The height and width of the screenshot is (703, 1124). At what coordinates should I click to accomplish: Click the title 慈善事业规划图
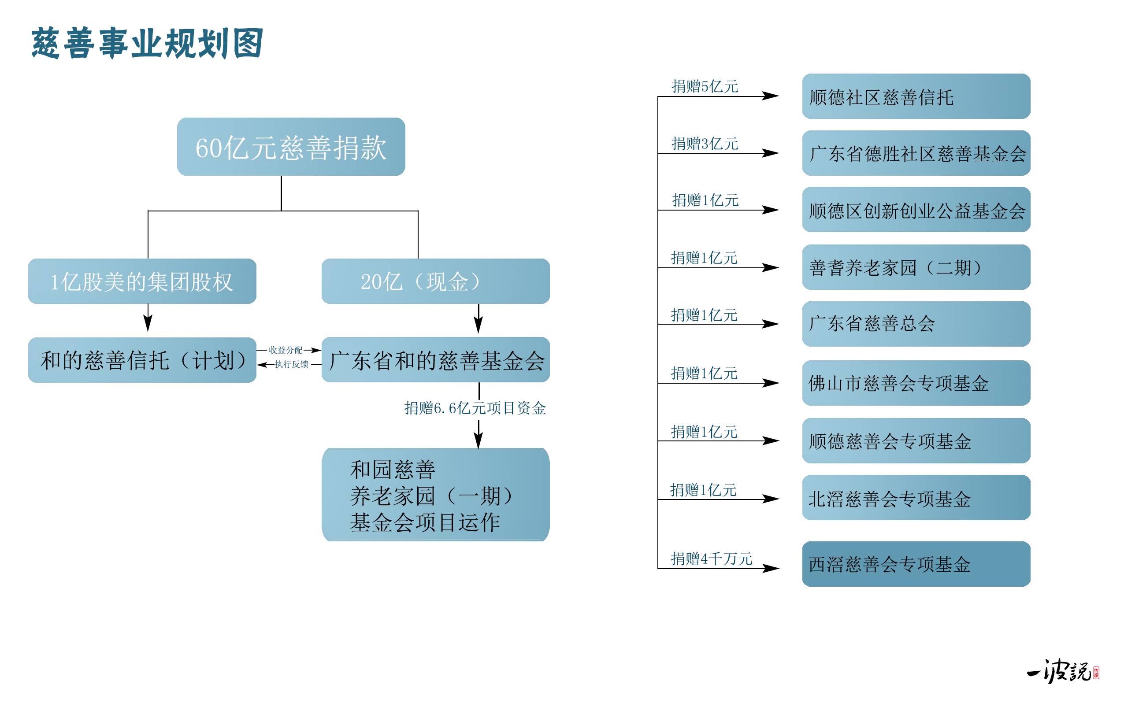pos(147,43)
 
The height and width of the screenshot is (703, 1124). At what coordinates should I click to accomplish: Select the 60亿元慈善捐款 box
pos(291,147)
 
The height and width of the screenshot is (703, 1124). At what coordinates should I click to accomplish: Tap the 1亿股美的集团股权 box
pos(142,281)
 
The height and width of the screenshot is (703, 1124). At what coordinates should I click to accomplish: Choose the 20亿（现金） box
pos(435,281)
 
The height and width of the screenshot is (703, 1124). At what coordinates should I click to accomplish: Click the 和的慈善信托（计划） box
pos(142,360)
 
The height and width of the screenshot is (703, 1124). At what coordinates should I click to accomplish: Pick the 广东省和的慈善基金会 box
pos(435,360)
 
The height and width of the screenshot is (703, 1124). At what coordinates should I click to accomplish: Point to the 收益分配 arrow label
pos(286,350)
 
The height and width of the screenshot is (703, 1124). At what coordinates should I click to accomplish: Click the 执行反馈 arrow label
pos(292,364)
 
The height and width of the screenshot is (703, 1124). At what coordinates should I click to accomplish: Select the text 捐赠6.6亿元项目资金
pos(475,408)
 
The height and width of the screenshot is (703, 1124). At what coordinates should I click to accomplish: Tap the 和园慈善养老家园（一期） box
pos(435,495)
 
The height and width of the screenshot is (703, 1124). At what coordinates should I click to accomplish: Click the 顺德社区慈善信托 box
pos(916,97)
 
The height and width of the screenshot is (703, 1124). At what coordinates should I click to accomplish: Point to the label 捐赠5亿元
pos(705,86)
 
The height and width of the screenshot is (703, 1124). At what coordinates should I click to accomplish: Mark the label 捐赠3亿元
pos(705,144)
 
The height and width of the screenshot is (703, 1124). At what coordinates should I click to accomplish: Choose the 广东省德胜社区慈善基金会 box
pos(916,153)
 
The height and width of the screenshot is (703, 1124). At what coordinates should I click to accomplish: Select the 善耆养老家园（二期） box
pos(916,267)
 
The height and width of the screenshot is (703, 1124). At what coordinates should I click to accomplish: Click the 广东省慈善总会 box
pos(916,324)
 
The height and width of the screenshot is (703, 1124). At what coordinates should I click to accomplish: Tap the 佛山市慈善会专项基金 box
pos(916,383)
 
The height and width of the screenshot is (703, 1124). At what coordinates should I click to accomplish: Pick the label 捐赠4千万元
pos(711,559)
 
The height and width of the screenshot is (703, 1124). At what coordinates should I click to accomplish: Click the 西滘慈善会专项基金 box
pos(916,564)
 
